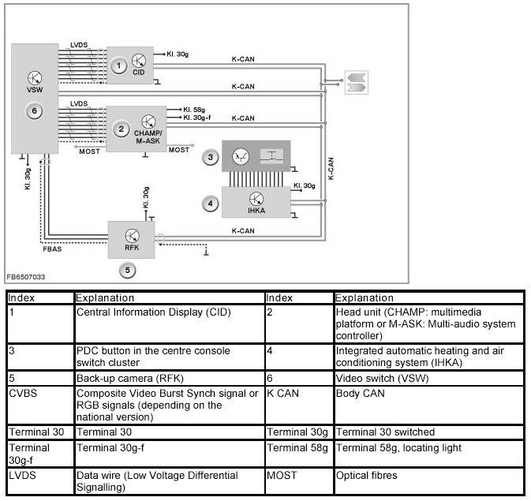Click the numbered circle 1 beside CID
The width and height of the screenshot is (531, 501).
(118, 66)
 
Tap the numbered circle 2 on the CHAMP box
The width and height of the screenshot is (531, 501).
(122, 128)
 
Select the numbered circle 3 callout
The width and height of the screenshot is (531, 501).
(211, 157)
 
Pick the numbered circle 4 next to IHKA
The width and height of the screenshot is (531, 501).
(211, 203)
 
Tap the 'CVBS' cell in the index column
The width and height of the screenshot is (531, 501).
(22, 391)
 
